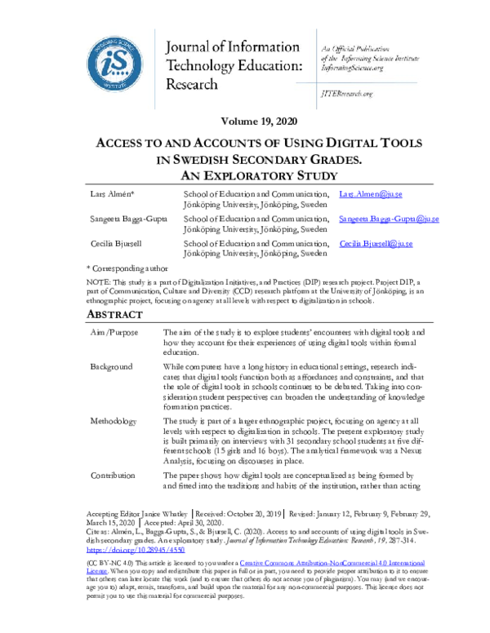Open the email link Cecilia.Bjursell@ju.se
click(x=376, y=243)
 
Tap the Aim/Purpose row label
click(x=114, y=333)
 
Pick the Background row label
click(x=113, y=368)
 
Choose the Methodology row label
click(x=115, y=421)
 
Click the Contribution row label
click(x=115, y=475)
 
